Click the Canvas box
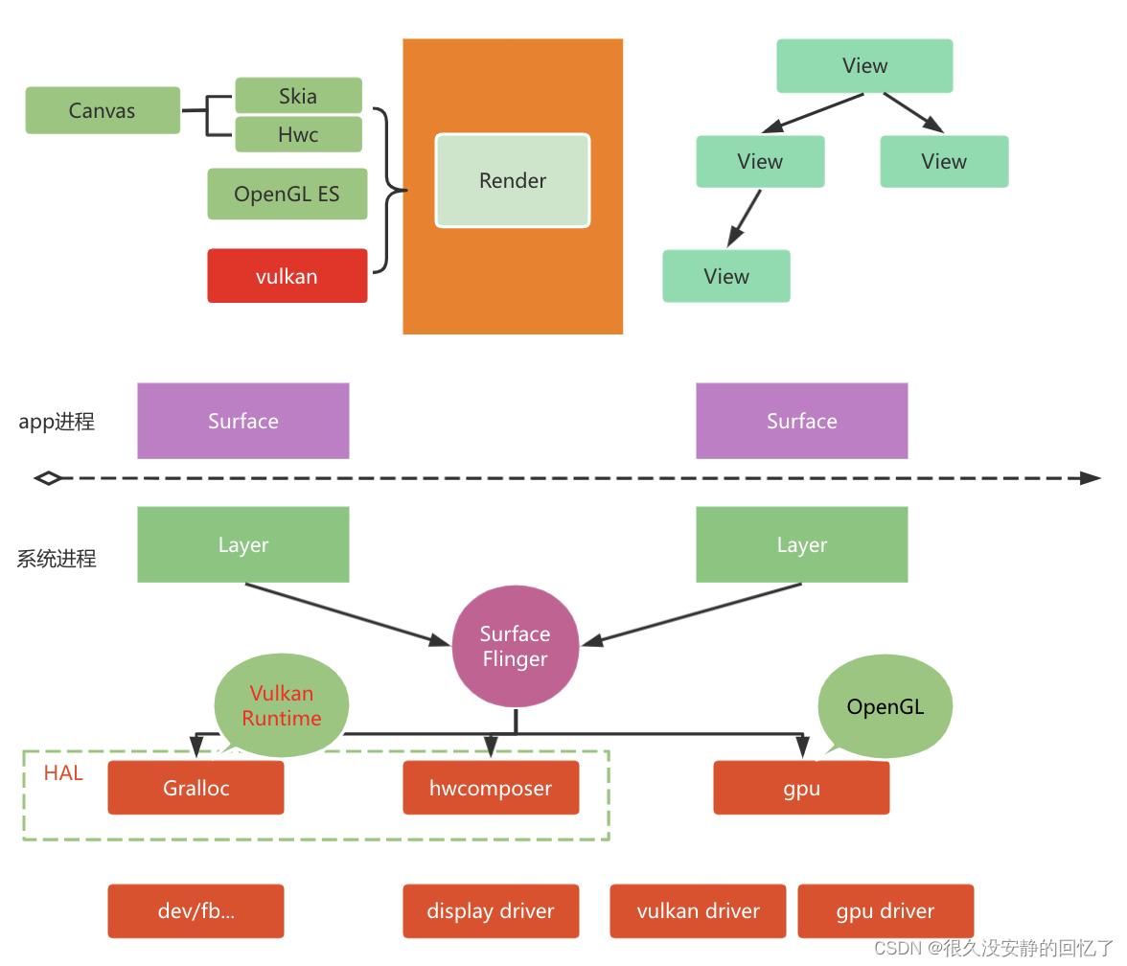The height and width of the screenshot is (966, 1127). click(x=103, y=110)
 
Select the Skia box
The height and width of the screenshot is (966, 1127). click(x=298, y=96)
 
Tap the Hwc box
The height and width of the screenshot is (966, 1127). click(x=298, y=134)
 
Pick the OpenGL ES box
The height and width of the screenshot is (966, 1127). click(x=287, y=194)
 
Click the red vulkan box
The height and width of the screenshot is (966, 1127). click(x=287, y=276)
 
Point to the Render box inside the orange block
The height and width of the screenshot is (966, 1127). click(x=513, y=180)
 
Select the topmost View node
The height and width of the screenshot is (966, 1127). click(x=864, y=66)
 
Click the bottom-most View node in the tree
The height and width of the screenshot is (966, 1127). click(x=726, y=276)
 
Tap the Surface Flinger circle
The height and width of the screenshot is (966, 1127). click(x=515, y=647)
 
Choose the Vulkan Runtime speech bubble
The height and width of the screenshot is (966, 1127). click(x=281, y=704)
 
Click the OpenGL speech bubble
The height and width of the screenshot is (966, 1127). click(x=885, y=706)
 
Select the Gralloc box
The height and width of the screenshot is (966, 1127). click(x=195, y=788)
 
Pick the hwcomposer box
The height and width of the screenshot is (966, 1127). click(x=491, y=788)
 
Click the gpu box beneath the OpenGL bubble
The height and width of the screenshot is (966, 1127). click(x=801, y=788)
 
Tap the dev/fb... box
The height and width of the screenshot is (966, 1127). click(x=195, y=910)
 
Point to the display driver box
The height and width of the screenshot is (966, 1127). click(x=491, y=910)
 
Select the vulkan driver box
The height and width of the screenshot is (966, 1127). click(x=698, y=910)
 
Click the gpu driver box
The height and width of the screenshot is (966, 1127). click(x=885, y=910)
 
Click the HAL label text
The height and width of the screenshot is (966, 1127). click(x=63, y=772)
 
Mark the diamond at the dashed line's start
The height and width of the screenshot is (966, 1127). click(x=48, y=477)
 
